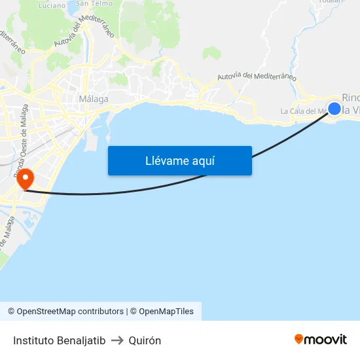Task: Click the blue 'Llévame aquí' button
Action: click(x=179, y=160)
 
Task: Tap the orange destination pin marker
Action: click(x=26, y=178)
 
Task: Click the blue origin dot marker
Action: click(x=334, y=108)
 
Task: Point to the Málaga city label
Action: click(x=93, y=99)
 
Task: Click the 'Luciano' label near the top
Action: click(x=52, y=5)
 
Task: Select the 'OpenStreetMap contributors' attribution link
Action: click(x=70, y=312)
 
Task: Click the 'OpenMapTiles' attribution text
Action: click(x=166, y=312)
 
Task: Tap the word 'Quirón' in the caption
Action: click(x=145, y=340)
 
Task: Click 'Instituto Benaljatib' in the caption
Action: click(x=59, y=340)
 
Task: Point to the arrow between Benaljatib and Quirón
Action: click(x=117, y=340)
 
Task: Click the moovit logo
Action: click(x=320, y=339)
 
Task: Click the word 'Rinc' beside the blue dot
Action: click(x=351, y=98)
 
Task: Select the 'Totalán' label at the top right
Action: click(x=331, y=2)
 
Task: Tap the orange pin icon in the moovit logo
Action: click(x=298, y=339)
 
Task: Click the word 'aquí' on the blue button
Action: click(x=204, y=161)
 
